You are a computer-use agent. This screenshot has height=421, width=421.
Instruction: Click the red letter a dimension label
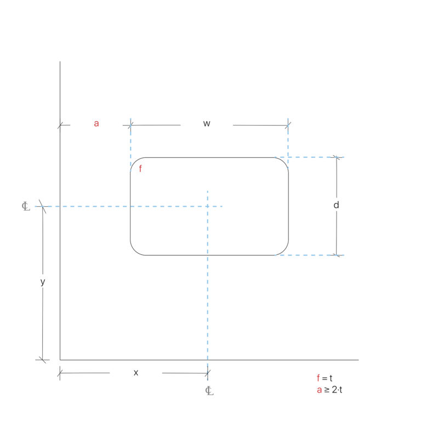click(x=96, y=123)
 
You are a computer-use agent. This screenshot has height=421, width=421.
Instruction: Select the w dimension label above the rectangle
click(x=207, y=124)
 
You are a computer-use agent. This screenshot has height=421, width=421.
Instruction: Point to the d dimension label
click(x=336, y=205)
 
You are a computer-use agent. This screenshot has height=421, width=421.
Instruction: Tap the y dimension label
click(x=43, y=282)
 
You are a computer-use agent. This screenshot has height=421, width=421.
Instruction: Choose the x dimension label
click(x=136, y=373)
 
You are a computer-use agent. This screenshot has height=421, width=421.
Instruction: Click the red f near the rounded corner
click(x=140, y=169)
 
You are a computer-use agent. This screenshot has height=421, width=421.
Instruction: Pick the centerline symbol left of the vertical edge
click(x=26, y=207)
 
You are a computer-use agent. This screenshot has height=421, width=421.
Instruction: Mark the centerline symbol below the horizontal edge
click(x=209, y=390)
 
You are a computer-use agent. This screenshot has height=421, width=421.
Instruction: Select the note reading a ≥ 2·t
click(x=329, y=390)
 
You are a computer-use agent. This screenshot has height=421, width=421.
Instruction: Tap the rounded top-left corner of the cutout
click(x=135, y=162)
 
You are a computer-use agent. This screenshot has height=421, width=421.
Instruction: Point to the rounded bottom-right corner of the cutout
click(x=284, y=251)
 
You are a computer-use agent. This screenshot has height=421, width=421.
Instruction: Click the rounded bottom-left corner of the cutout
click(x=135, y=251)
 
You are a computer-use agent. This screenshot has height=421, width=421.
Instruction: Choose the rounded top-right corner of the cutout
click(x=284, y=162)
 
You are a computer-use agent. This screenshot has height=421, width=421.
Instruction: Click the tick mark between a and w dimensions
click(x=130, y=125)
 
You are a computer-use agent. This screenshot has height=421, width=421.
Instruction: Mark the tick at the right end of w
click(x=288, y=125)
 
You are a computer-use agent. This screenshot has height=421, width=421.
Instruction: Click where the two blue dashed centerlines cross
click(x=207, y=206)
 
